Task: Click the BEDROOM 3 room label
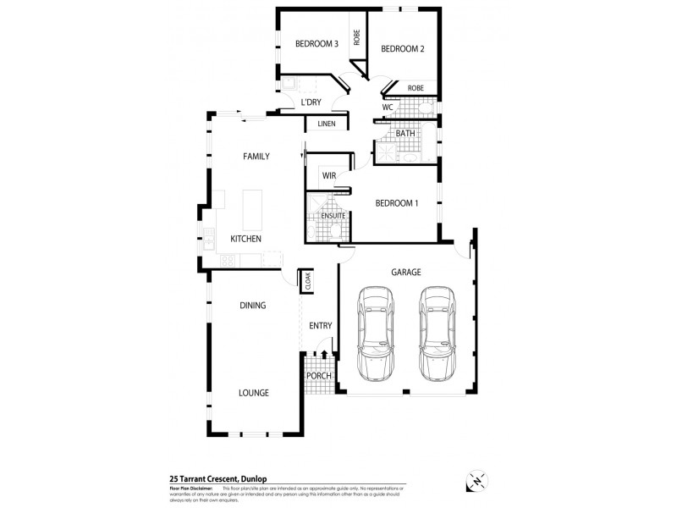[x=316, y=44]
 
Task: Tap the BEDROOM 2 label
[x=403, y=48]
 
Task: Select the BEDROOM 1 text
[x=398, y=203]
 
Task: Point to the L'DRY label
[x=311, y=102]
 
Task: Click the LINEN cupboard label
[x=327, y=124]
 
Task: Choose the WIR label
[x=329, y=176]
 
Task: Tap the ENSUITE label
[x=333, y=216]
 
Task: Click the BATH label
[x=405, y=133]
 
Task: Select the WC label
[x=388, y=108]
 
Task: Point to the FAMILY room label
[x=256, y=157]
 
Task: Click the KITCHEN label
[x=245, y=239]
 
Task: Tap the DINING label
[x=252, y=306]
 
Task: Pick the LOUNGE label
[x=253, y=393]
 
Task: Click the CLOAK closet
[x=308, y=281]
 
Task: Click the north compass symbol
[x=476, y=480]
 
